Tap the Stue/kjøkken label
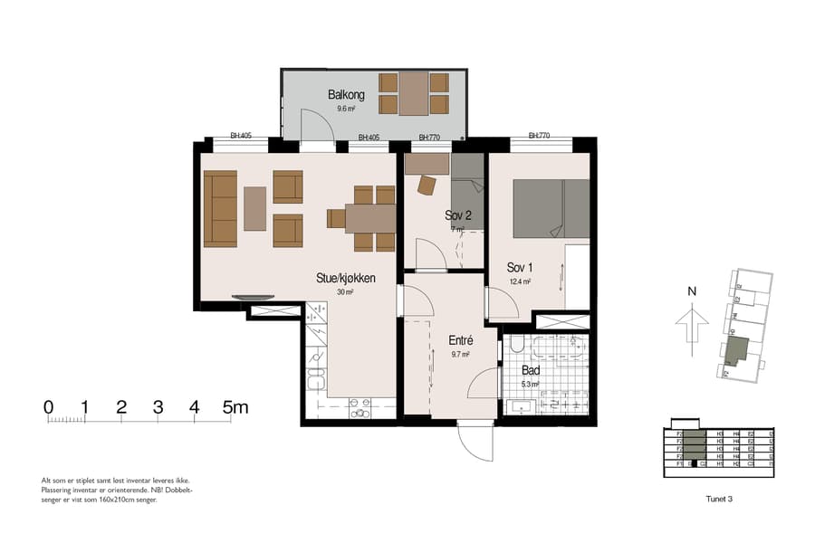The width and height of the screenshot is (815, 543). click(345, 278)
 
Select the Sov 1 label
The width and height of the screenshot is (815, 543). click(520, 267)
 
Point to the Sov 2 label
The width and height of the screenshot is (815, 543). click(458, 215)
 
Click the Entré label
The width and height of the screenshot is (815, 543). click(461, 340)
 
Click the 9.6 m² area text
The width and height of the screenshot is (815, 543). click(345, 109)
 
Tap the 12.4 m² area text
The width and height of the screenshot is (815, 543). click(520, 281)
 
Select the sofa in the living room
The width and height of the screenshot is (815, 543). click(220, 208)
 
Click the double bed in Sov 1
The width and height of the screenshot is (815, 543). click(551, 209)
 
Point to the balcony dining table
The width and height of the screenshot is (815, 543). click(414, 93)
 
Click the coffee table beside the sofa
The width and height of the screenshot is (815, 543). click(255, 208)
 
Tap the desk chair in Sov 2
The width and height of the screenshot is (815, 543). click(427, 185)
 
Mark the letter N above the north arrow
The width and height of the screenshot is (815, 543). click(691, 291)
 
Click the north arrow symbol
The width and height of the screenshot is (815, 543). click(691, 323)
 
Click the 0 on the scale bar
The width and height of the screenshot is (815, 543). click(48, 407)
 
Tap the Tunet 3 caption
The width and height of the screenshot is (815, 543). click(718, 498)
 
